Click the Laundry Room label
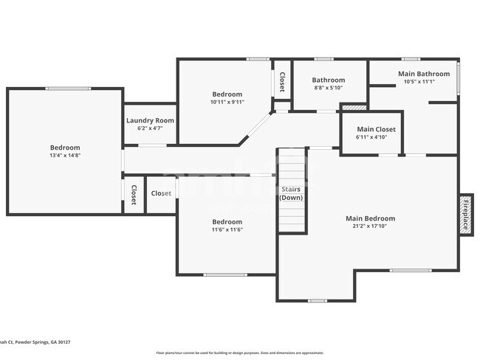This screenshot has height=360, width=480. tap(150, 120)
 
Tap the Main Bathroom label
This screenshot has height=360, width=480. tap(423, 74)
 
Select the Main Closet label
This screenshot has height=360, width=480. tap(371, 129)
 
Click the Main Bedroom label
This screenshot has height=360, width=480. tap(370, 218)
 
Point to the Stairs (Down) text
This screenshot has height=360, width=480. tap(291, 193)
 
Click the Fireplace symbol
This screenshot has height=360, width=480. tap(465, 215)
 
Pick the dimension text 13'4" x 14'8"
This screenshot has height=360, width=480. tap(65, 156)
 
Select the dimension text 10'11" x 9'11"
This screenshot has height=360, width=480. tap(227, 102)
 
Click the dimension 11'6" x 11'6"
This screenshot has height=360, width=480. tap(227, 229)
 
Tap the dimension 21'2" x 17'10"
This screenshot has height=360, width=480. tap(370, 226)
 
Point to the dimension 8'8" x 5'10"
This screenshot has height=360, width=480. tap(328, 88)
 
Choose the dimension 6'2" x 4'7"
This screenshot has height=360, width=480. tap(150, 128)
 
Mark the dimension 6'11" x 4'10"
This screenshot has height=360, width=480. tap(371, 137)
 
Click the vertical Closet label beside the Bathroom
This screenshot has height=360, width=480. tap(281, 83)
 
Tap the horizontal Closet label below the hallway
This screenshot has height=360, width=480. tap(161, 193)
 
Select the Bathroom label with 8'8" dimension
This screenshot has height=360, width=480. tap(328, 80)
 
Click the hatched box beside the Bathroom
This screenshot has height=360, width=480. tap(353, 108)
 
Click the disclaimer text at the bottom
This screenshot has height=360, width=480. tap(239, 353)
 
